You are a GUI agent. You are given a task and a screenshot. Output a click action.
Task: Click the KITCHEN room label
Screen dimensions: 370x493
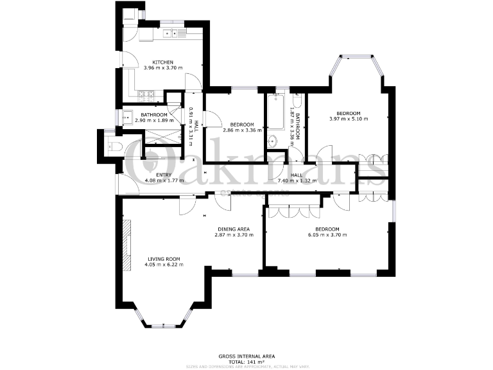162,62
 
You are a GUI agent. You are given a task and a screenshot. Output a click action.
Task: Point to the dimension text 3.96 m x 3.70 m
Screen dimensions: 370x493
163,68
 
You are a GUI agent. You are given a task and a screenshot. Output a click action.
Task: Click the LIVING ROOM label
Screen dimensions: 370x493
164,258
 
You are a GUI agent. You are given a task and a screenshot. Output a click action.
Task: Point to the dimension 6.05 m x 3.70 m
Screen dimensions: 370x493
327,235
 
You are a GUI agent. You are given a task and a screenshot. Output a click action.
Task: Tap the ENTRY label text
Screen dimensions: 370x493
164,175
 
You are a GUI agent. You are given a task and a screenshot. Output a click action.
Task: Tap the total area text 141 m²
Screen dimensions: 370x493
247,362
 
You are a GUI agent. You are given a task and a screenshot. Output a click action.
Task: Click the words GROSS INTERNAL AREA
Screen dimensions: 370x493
246,355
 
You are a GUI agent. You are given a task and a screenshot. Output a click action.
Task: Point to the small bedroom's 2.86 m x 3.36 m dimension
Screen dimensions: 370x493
242,130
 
